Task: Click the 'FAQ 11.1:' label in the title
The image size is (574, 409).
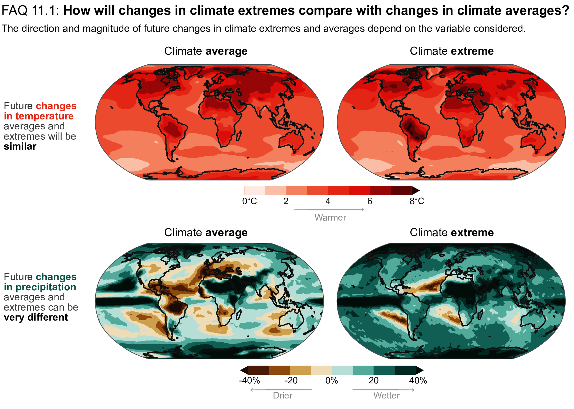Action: point(30,11)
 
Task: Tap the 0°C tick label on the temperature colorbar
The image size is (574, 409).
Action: point(249,201)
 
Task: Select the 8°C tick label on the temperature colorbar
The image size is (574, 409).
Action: point(417,201)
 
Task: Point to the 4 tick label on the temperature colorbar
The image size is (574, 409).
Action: point(328,201)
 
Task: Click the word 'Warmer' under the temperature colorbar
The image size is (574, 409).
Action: point(330,218)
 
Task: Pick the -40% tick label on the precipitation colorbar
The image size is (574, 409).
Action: point(249,380)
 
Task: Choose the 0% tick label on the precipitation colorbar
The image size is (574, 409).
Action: point(332,380)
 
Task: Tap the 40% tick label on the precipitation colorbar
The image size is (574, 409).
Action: point(418,380)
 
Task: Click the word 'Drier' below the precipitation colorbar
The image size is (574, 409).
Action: point(282,396)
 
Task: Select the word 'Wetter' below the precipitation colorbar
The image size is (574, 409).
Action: point(386,396)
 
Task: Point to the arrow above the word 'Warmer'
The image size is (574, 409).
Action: point(329,209)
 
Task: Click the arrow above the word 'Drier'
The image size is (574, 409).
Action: point(281,390)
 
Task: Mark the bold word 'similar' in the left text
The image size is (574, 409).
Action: point(20,146)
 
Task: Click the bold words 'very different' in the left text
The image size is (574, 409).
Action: point(36,317)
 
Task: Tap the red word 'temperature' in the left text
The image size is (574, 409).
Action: point(44,116)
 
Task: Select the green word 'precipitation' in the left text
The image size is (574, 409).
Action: point(46,287)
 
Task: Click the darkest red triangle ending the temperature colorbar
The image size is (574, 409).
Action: point(416,191)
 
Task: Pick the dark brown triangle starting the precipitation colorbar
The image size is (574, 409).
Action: point(244,370)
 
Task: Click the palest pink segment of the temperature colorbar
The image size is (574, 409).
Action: point(255,191)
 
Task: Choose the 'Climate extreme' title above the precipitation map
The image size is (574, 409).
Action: point(451,232)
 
